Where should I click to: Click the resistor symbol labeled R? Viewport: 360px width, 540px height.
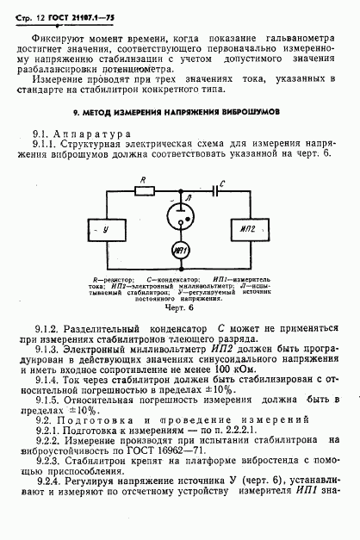point(144,191)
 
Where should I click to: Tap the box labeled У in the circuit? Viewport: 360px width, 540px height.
point(104,230)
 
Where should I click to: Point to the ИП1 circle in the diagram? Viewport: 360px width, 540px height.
point(180,251)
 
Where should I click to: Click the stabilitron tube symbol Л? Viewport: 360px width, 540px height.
point(180,213)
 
